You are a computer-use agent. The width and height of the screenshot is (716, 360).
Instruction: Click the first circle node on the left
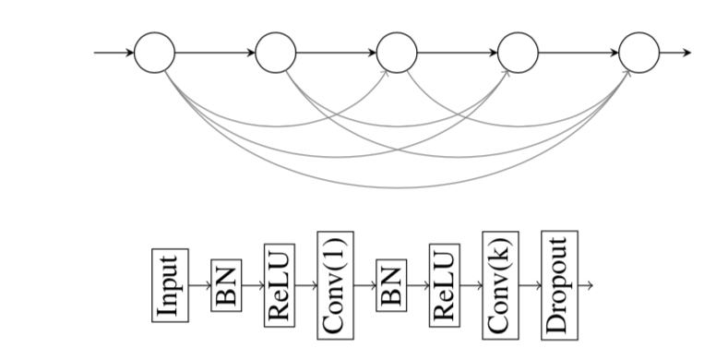(154, 52)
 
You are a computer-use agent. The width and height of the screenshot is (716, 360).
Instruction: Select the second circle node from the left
(276, 52)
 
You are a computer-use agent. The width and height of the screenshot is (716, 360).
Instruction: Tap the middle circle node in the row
(398, 52)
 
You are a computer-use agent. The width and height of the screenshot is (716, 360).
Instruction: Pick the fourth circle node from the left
(518, 52)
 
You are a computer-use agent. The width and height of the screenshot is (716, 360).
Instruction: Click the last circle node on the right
(639, 52)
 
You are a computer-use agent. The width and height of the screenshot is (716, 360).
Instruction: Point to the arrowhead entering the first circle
(129, 52)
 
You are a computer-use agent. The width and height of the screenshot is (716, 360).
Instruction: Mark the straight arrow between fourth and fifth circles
(579, 52)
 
